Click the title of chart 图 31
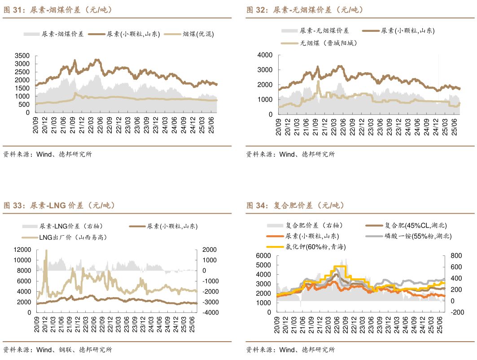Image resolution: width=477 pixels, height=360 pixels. tap(58, 10)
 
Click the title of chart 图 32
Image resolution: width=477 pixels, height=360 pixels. tap(305, 10)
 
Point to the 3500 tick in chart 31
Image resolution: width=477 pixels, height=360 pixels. tap(22, 56)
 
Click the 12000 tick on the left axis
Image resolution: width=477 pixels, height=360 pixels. tap(22, 250)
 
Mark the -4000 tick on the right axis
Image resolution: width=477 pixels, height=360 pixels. tap(210, 312)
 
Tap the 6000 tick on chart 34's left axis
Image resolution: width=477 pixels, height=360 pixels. tap(265, 256)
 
